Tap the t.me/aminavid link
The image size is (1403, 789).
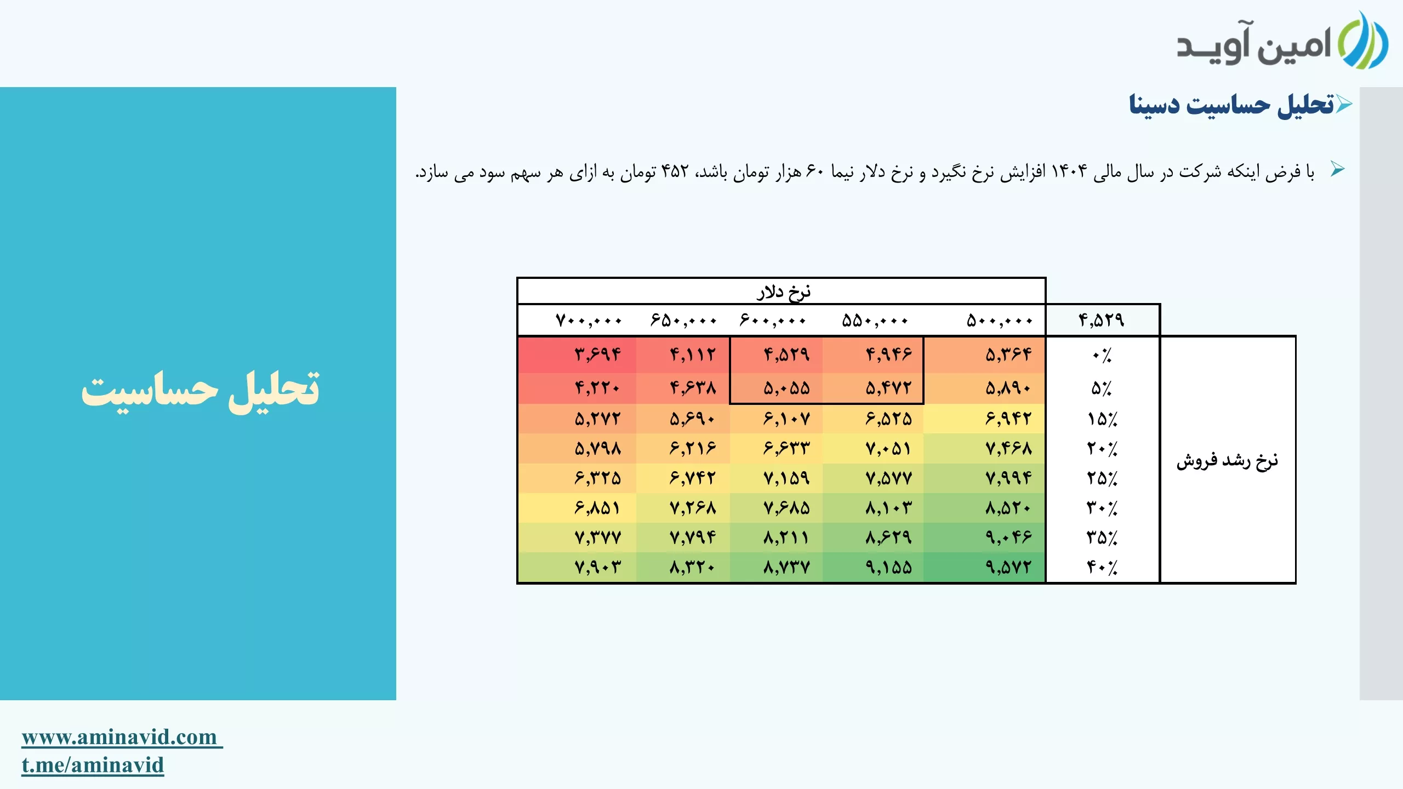(x=93, y=765)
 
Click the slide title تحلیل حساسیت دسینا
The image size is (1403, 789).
(x=1231, y=105)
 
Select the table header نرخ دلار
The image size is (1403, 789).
(x=784, y=291)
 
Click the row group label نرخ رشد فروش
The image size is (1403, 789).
(x=1228, y=460)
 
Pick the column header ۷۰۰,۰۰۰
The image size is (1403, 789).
(x=589, y=321)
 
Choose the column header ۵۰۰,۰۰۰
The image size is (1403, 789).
(x=999, y=321)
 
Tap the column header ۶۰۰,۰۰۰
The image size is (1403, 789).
(x=773, y=321)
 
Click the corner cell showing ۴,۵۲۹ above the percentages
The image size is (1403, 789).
(x=1102, y=320)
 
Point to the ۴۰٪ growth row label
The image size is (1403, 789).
(x=1102, y=567)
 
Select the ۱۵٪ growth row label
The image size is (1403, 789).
(x=1102, y=419)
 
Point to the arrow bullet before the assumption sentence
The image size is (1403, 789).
(x=1338, y=169)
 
